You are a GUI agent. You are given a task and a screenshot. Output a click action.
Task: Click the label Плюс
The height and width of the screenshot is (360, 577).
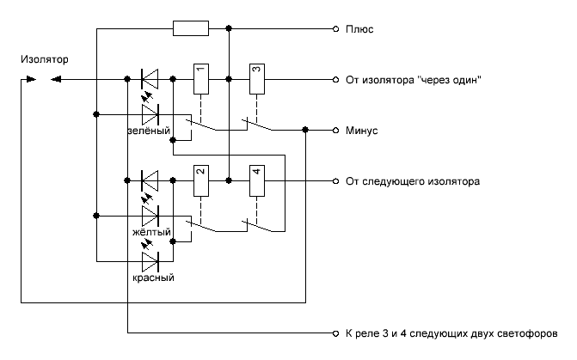pyautogui.click(x=359, y=29)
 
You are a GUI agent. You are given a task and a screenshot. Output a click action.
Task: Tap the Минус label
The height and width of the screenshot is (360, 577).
pyautogui.click(x=363, y=131)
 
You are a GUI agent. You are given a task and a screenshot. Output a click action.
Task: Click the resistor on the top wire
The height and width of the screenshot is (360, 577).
pyautogui.click(x=190, y=29)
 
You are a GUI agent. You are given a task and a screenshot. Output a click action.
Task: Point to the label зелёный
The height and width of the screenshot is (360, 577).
pyautogui.click(x=149, y=131)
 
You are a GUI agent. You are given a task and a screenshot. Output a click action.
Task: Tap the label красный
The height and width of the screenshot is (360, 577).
pyautogui.click(x=153, y=278)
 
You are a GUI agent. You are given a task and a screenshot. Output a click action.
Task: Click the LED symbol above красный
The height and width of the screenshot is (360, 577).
pyautogui.click(x=150, y=260)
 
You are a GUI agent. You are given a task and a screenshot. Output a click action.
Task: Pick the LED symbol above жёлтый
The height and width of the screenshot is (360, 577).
pyautogui.click(x=150, y=214)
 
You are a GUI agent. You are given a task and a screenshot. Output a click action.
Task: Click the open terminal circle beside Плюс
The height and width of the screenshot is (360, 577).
pyautogui.click(x=335, y=29)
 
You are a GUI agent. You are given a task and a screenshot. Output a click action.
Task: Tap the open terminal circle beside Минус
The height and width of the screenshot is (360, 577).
pyautogui.click(x=335, y=131)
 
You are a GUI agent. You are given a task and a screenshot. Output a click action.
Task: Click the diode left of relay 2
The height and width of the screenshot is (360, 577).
pyautogui.click(x=150, y=180)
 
